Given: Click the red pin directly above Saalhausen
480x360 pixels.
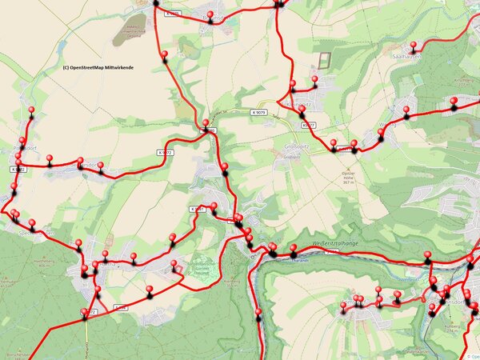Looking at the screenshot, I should click(x=413, y=46).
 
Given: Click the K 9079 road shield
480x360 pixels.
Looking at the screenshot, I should click(x=257, y=113).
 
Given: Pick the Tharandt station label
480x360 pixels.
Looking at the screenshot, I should click(x=299, y=258).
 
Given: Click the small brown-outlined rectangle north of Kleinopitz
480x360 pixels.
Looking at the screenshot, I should click(x=323, y=60).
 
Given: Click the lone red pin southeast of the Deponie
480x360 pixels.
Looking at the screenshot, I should click(x=164, y=56).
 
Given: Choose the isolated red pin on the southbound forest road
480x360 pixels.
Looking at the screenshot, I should click(x=258, y=314).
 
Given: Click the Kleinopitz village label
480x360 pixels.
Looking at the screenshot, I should click(x=298, y=105).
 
